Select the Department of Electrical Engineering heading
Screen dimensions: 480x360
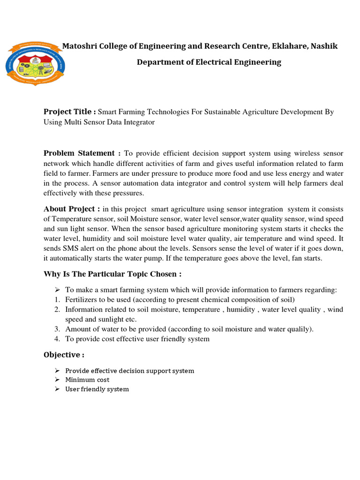[x=209, y=62]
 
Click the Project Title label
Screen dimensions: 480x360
[x=69, y=112]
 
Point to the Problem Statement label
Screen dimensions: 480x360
[x=82, y=153]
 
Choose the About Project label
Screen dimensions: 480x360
[x=71, y=209]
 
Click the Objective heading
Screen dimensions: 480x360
[x=64, y=355]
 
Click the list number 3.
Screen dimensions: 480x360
[x=57, y=329]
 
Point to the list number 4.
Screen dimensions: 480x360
[x=57, y=339]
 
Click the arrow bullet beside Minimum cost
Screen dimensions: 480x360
[x=57, y=380]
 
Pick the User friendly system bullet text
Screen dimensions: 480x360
[x=97, y=389]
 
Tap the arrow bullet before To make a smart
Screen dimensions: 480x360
[x=57, y=290]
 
